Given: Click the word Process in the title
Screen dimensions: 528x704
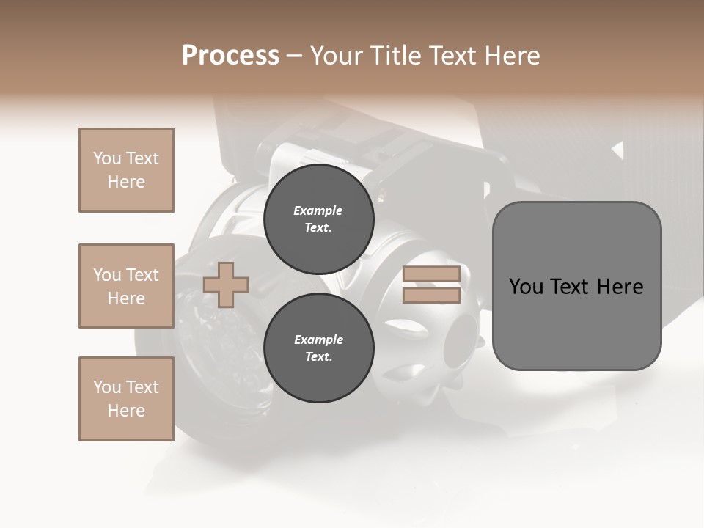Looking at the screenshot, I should pos(230,56).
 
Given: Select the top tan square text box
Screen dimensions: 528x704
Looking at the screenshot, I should pos(126,170).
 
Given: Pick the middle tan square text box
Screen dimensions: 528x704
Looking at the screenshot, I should pos(126,286).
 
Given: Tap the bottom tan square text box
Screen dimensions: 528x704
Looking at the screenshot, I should pos(126,399).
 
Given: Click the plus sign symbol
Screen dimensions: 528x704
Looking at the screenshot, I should pos(226,285).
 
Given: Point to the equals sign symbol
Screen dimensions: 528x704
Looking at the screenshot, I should pos(432,285).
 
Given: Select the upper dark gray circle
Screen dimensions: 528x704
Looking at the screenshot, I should pos(319,219).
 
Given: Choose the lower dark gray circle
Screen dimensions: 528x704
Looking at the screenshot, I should pos(319,348).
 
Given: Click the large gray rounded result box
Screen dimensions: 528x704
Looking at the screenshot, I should pos(576,286).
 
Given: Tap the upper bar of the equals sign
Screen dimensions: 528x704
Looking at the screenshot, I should pos(432,274).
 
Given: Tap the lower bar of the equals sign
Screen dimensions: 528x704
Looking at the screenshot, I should pos(432,295).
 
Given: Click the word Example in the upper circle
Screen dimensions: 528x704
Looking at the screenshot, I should pos(318,211).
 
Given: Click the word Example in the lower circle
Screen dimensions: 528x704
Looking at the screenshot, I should pos(318,340).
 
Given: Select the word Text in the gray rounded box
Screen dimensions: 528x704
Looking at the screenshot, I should pos(575,287).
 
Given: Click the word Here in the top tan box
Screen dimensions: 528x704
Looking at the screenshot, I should pos(126,182).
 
